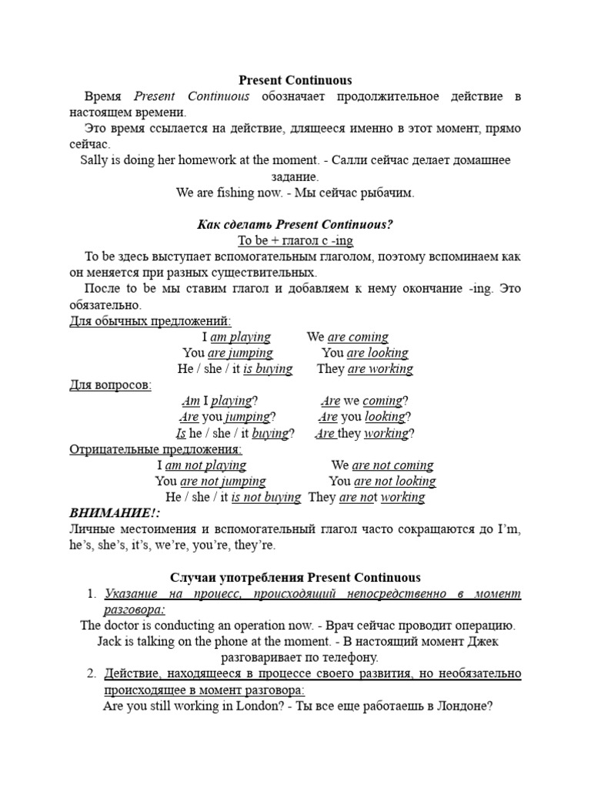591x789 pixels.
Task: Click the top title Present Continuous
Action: click(x=295, y=79)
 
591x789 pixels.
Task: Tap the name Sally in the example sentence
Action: click(x=95, y=160)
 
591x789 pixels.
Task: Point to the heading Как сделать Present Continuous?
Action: click(x=295, y=224)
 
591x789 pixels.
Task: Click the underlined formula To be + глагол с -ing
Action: click(x=295, y=240)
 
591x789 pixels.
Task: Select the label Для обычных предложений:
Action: click(x=150, y=321)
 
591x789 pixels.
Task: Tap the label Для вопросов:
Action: click(x=111, y=384)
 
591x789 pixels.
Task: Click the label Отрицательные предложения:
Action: click(x=155, y=449)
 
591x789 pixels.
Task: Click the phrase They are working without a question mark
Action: click(x=365, y=369)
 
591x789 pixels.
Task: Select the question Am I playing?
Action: click(x=219, y=401)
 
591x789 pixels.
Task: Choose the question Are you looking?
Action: click(x=362, y=417)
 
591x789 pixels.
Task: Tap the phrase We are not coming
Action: click(x=382, y=465)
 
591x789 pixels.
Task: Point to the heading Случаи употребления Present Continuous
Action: click(x=295, y=577)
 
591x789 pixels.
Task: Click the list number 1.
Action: click(x=91, y=593)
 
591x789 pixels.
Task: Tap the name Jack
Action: click(x=112, y=642)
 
